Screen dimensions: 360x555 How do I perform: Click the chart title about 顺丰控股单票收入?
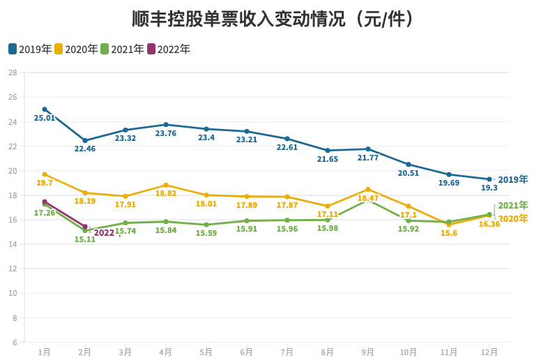[277, 19]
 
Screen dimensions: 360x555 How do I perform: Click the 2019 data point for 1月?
[45, 110]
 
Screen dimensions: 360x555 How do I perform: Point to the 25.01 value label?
[45, 119]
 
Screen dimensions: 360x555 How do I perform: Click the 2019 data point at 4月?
[166, 125]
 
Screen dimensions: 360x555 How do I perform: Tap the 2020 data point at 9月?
[368, 189]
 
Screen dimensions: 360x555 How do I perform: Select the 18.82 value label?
[166, 194]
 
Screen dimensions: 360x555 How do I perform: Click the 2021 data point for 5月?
[206, 225]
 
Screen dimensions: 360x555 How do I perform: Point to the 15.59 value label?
[206, 234]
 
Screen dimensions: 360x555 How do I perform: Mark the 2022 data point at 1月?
[45, 202]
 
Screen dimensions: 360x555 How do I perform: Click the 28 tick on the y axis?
[13, 73]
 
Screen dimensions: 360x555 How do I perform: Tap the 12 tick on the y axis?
[13, 269]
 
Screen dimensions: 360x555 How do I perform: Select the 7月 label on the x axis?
[287, 352]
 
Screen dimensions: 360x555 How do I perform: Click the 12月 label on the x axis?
[489, 352]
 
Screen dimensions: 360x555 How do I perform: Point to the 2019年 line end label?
[513, 179]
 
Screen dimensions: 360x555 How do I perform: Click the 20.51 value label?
[409, 173]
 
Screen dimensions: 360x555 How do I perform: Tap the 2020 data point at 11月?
[449, 224]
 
